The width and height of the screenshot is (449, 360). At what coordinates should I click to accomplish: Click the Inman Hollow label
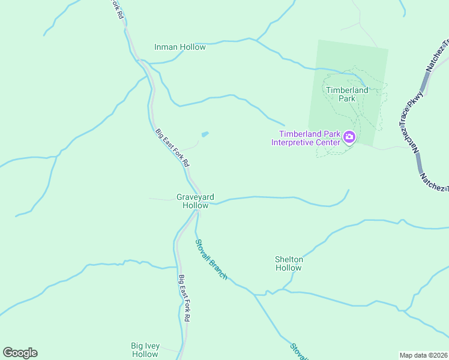tap(179, 47)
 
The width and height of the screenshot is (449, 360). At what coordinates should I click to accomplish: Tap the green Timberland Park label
tap(346, 94)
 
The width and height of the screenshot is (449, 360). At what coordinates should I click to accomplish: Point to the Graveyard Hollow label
tap(195, 201)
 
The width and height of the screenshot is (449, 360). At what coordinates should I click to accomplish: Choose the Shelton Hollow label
tap(288, 263)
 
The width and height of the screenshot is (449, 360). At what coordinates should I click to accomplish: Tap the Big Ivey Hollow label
tap(145, 350)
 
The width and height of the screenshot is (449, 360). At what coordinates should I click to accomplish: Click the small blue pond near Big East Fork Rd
tap(205, 134)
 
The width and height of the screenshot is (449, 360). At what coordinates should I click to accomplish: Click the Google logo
tap(20, 353)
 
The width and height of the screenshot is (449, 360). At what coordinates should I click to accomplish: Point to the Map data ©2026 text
tap(423, 355)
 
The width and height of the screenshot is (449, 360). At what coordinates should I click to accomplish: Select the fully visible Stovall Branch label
tap(211, 259)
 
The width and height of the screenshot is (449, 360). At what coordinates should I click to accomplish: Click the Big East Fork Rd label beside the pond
tap(172, 148)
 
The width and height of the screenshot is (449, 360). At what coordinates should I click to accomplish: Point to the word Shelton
tap(288, 259)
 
